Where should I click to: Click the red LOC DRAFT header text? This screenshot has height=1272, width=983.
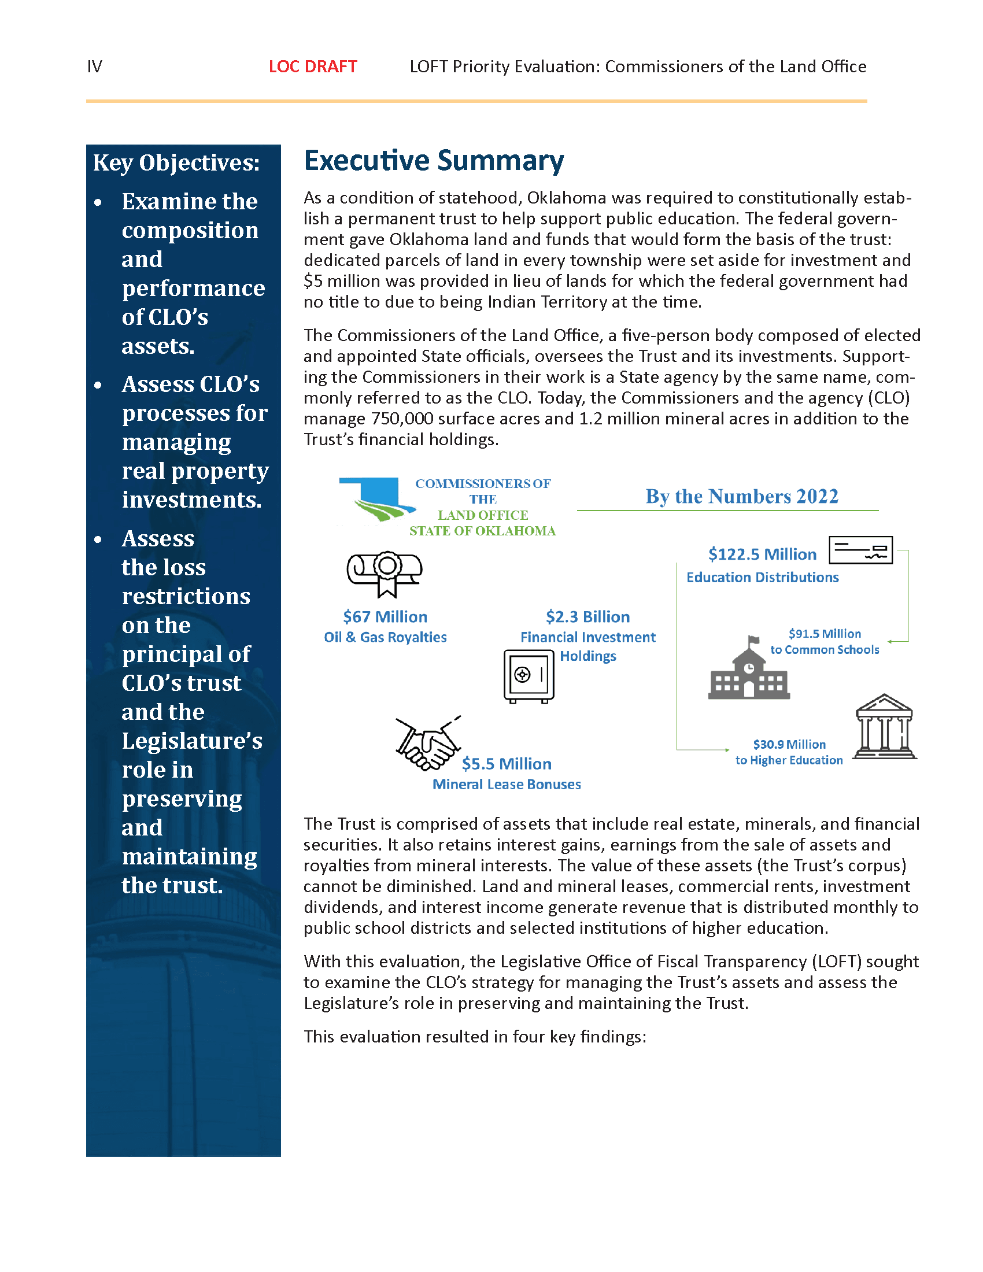pos(313,66)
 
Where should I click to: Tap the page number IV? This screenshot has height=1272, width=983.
pos(94,66)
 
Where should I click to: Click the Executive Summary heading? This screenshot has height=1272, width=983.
pos(434,161)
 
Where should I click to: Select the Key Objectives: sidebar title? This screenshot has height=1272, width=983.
pos(176,162)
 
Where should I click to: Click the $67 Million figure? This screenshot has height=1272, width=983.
pos(385,617)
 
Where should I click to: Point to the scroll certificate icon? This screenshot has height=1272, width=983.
pos(385,573)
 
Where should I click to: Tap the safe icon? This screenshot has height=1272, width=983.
pos(529,676)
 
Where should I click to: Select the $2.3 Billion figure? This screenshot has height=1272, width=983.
pos(587,617)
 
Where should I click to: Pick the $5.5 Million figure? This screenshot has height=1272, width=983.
pos(507,764)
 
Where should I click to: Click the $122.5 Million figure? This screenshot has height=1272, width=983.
pos(762,554)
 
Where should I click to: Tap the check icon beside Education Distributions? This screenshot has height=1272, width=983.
pos(861,550)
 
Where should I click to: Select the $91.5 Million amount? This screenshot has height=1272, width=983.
pos(825,634)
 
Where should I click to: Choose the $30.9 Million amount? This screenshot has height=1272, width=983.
pos(789,744)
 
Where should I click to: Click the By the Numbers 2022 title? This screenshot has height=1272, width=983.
pos(742,496)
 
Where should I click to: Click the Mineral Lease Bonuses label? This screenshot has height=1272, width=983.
pos(507,785)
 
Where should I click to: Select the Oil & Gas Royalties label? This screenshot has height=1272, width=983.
pos(385,637)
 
